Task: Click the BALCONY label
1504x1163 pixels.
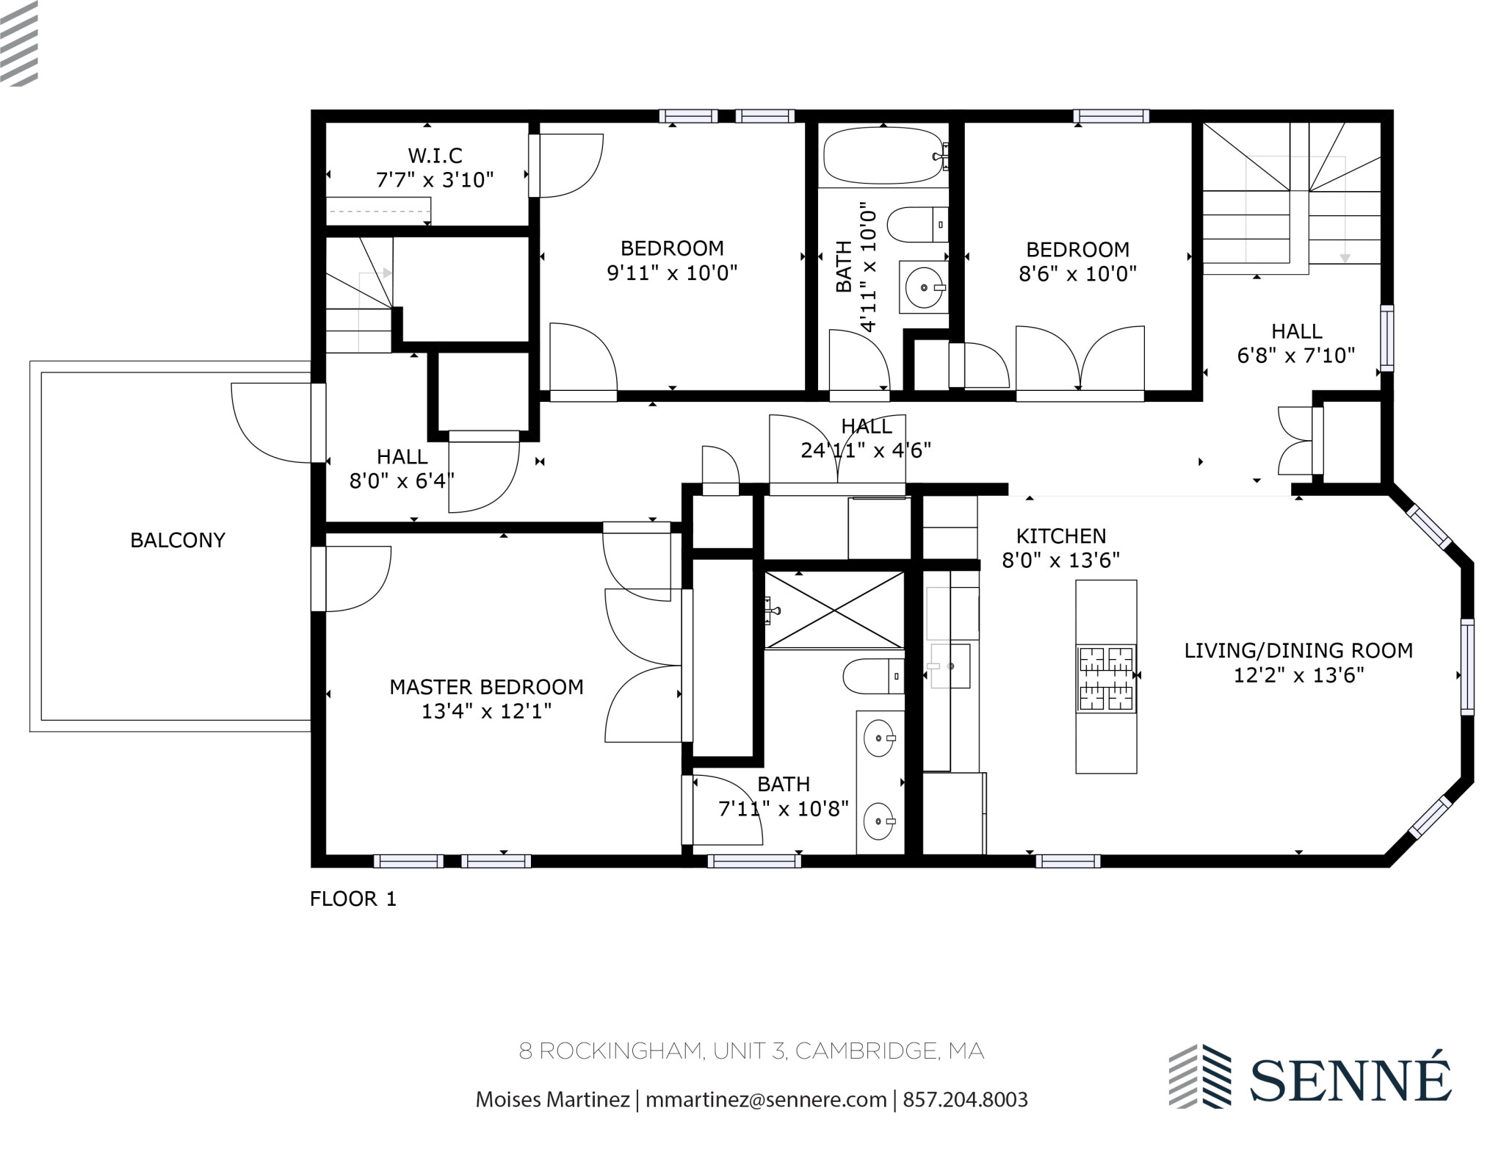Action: tap(177, 541)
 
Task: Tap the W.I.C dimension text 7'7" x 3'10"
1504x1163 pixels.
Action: tap(435, 180)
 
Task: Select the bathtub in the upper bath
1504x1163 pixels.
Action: tap(882, 156)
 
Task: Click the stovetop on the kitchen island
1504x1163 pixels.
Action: tap(1106, 679)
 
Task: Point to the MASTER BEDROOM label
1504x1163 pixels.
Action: tap(486, 687)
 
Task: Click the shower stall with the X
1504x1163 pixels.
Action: tap(834, 611)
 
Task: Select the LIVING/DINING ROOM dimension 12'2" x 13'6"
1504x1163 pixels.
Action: tap(1298, 675)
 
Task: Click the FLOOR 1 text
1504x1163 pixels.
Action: tap(353, 899)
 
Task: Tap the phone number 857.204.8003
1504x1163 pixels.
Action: tap(965, 1100)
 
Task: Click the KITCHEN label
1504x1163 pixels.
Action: tap(1060, 536)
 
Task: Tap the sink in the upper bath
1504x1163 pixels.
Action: tap(923, 288)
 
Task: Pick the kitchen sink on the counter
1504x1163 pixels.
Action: tap(950, 666)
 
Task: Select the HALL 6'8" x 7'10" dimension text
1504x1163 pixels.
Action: tap(1296, 356)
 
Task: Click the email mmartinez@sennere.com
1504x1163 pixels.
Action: tap(766, 1100)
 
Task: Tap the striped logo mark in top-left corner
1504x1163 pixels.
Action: tap(19, 43)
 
